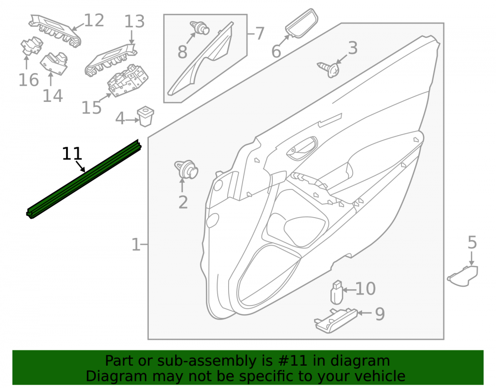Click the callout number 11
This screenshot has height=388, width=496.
[72, 154]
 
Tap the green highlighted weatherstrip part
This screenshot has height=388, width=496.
[83, 179]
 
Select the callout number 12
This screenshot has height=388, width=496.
[94, 20]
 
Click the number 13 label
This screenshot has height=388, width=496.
[134, 21]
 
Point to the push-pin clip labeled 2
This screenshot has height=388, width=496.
[186, 169]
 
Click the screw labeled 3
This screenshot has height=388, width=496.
[329, 69]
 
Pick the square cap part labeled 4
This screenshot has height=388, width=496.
[145, 116]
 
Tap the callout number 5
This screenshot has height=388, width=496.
[472, 242]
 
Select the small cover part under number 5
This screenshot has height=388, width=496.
[463, 276]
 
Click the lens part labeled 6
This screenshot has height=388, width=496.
[302, 23]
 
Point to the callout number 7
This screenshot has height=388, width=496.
[259, 33]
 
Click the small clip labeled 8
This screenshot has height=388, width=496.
[199, 28]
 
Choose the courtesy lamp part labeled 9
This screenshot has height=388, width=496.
[336, 320]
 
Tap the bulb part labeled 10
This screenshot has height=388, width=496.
[337, 292]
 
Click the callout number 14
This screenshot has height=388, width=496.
[53, 96]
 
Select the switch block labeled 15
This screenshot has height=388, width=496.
[127, 81]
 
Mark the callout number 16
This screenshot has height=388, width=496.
[29, 80]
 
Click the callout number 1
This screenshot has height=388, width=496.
[136, 244]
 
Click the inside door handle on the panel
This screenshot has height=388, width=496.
[302, 148]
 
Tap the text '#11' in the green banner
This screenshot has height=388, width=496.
[293, 361]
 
